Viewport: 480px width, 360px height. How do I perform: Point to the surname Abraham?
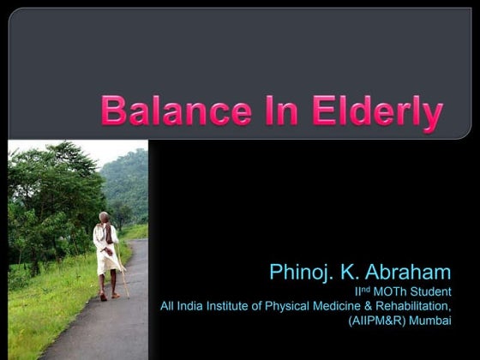click(407, 273)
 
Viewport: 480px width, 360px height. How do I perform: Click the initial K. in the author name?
click(353, 273)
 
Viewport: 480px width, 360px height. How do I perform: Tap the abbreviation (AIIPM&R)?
click(381, 321)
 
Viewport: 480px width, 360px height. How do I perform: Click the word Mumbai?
click(433, 321)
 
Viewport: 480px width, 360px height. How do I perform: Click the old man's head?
click(104, 218)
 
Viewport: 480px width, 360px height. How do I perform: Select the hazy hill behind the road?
click(126, 184)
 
